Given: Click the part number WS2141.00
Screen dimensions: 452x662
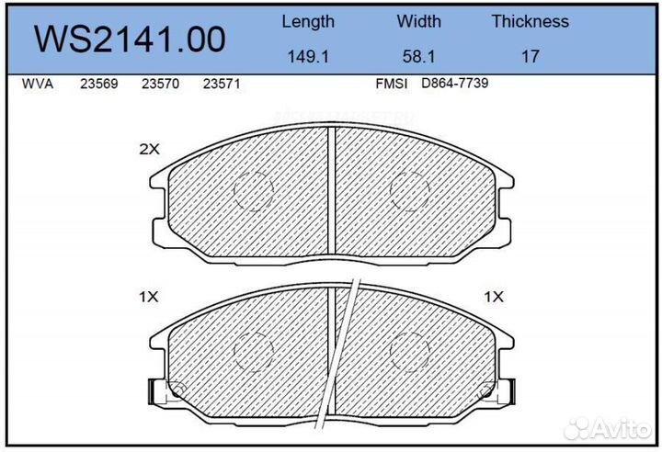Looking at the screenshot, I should (129, 39).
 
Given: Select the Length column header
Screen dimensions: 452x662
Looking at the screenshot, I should (308, 21).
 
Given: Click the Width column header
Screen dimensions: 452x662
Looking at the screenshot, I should (418, 21).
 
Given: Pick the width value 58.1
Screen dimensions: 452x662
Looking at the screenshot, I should (418, 57).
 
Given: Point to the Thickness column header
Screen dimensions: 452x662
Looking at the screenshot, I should (530, 21).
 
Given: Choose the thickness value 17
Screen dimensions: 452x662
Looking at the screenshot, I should (530, 57).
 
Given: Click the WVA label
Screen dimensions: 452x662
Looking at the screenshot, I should (38, 84).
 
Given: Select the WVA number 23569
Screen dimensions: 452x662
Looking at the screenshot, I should (97, 84).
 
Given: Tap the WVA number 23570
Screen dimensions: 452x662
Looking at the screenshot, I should (159, 84).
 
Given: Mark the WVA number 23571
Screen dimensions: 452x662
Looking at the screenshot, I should (221, 84).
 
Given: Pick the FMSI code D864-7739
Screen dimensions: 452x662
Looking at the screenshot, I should (454, 84).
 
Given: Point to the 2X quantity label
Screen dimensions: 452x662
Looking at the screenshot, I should (149, 149).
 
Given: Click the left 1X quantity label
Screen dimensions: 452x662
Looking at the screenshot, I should (149, 297).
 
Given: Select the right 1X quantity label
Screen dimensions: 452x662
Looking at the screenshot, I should (495, 297).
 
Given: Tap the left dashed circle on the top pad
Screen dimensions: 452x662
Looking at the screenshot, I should (254, 191).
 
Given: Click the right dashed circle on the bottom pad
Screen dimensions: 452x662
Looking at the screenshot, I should (410, 349).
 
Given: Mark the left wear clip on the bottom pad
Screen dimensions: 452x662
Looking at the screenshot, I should (162, 392).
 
